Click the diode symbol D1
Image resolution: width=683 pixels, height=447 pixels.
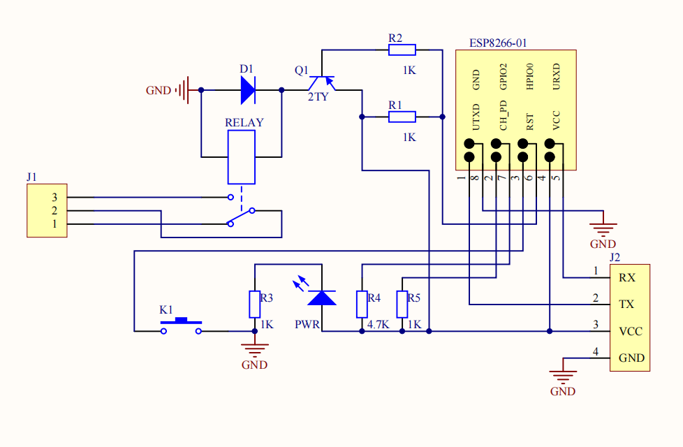(x=249, y=90)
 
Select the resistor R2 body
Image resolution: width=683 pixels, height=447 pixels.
(x=402, y=50)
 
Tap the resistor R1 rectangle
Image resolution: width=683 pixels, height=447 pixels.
(x=402, y=117)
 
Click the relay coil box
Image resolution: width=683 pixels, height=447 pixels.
(x=242, y=157)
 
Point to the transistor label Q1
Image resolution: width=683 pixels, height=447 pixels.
(x=302, y=70)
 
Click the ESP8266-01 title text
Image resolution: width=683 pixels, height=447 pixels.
(x=498, y=43)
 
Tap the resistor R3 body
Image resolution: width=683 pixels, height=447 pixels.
(x=255, y=305)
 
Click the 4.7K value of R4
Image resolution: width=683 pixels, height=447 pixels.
(x=378, y=325)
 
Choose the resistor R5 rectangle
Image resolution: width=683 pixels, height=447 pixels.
(x=402, y=305)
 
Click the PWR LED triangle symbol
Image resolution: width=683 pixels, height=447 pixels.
(x=322, y=298)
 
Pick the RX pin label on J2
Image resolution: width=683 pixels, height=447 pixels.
(x=627, y=278)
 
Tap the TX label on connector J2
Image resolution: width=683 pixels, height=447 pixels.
(x=626, y=304)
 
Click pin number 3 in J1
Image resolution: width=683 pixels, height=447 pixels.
(x=54, y=198)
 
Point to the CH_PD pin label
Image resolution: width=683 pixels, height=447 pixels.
(x=503, y=115)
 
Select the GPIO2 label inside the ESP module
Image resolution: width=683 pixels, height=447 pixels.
(x=503, y=77)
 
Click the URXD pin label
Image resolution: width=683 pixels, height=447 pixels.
(x=556, y=77)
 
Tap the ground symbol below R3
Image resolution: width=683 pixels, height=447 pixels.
(x=255, y=350)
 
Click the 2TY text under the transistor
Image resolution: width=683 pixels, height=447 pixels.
(x=318, y=97)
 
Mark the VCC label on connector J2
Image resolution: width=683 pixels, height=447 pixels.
(x=631, y=332)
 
